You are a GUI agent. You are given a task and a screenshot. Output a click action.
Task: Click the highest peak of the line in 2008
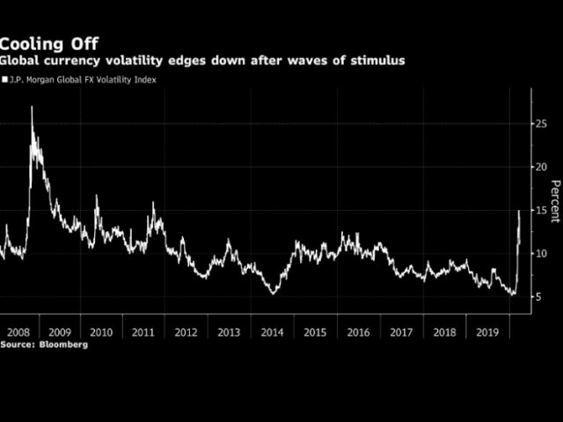pyautogui.click(x=32, y=107)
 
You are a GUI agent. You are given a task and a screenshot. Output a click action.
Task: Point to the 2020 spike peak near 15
pyautogui.click(x=519, y=211)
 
